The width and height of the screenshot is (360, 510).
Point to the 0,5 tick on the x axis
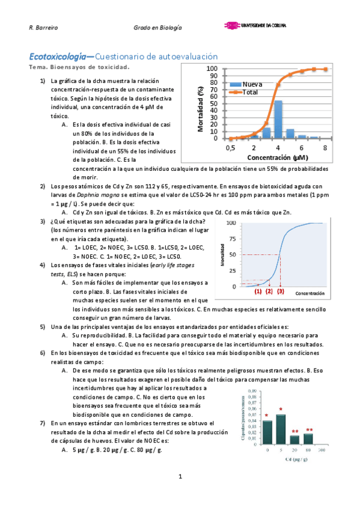click(x=230, y=147)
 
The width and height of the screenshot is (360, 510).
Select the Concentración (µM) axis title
click(x=277, y=158)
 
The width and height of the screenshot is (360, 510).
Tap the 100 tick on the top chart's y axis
click(x=212, y=69)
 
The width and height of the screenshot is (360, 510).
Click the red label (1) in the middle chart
click(x=258, y=291)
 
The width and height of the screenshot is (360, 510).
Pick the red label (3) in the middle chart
click(x=281, y=291)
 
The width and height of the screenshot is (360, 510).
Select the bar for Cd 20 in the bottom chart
click(x=294, y=439)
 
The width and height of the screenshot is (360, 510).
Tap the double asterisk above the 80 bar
click(x=309, y=430)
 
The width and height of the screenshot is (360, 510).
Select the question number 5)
click(x=43, y=327)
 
